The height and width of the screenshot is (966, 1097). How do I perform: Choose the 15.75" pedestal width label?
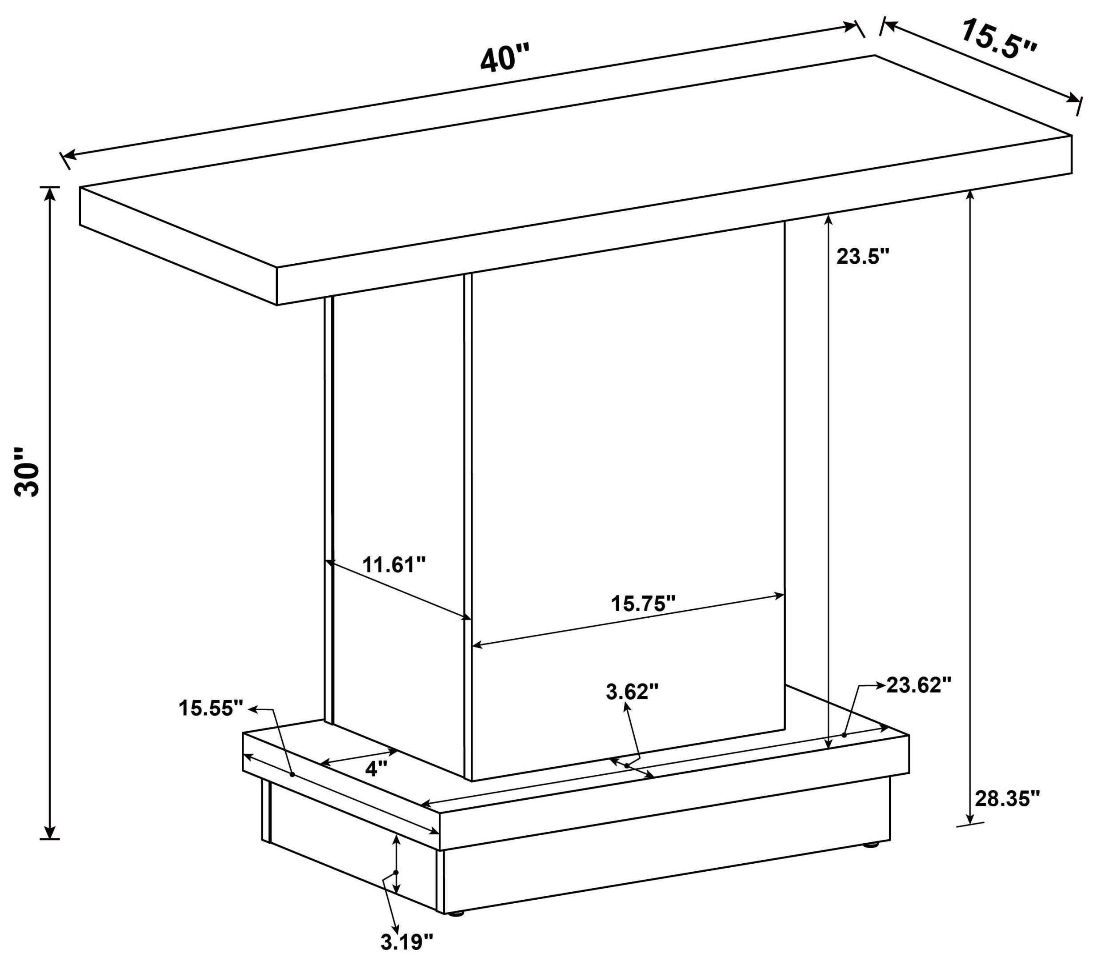[x=643, y=604]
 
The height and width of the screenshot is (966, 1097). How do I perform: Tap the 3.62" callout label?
[x=632, y=692]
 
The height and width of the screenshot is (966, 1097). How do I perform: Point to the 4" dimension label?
[x=376, y=769]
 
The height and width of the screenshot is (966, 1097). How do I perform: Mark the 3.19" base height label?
[x=406, y=942]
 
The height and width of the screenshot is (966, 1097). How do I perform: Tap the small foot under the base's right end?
[x=873, y=845]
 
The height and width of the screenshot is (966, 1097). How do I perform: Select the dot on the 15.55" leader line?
[x=292, y=774]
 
